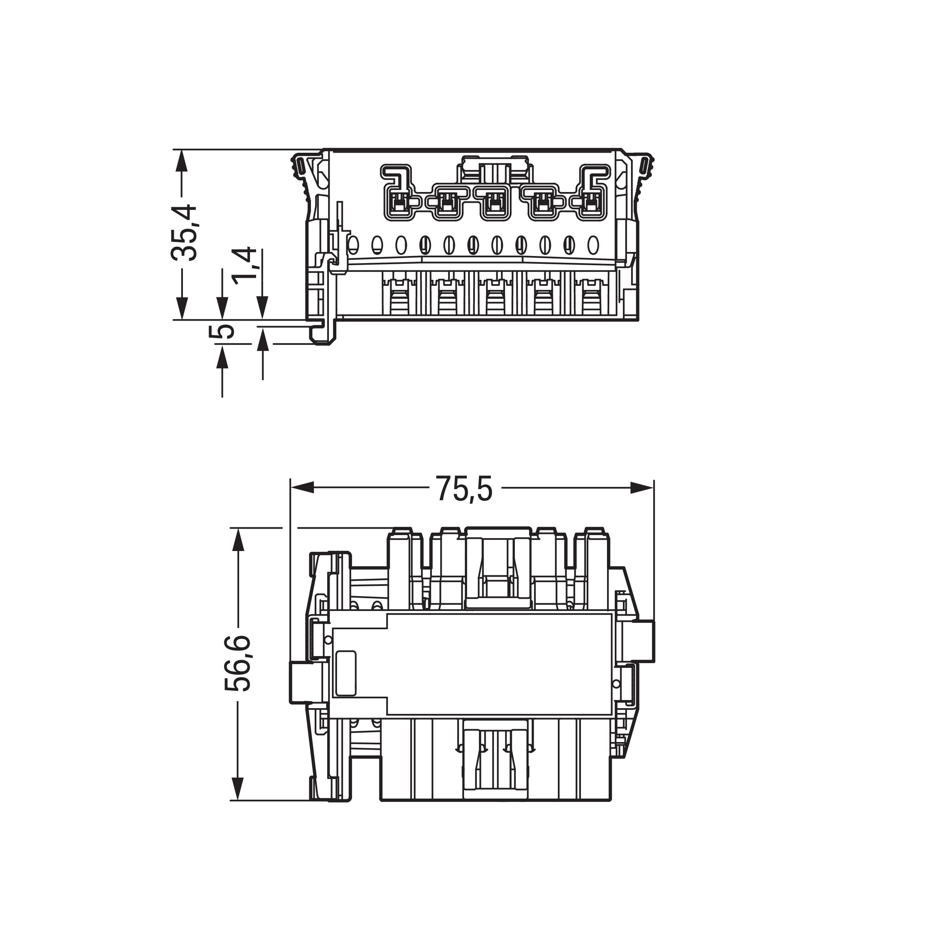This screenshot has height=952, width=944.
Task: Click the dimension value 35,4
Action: click(184, 233)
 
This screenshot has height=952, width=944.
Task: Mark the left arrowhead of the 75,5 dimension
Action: click(301, 488)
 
